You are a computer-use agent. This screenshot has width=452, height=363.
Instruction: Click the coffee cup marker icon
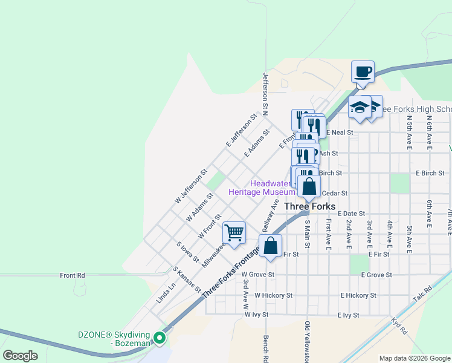pyautogui.click(x=363, y=72)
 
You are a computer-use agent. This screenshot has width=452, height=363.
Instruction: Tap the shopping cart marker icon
pyautogui.click(x=234, y=231)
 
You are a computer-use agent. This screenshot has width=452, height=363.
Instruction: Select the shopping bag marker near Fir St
pyautogui.click(x=270, y=246)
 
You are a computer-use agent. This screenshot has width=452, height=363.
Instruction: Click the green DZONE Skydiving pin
pyautogui.click(x=160, y=338)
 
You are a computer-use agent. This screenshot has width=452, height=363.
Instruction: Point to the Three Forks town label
pyautogui.click(x=309, y=206)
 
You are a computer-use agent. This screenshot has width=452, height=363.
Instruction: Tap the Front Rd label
pyautogui.click(x=73, y=275)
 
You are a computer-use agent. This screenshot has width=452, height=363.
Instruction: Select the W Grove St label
pyautogui.click(x=258, y=275)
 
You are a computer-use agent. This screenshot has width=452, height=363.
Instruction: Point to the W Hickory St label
pyautogui.click(x=273, y=295)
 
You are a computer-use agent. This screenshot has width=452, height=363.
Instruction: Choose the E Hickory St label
pyautogui.click(x=358, y=295)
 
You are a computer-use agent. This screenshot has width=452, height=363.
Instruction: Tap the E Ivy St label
pyautogui.click(x=348, y=315)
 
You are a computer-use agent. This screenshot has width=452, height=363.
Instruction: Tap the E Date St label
pyautogui.click(x=352, y=214)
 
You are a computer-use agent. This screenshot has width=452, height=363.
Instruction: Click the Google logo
pyautogui.click(x=20, y=356)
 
